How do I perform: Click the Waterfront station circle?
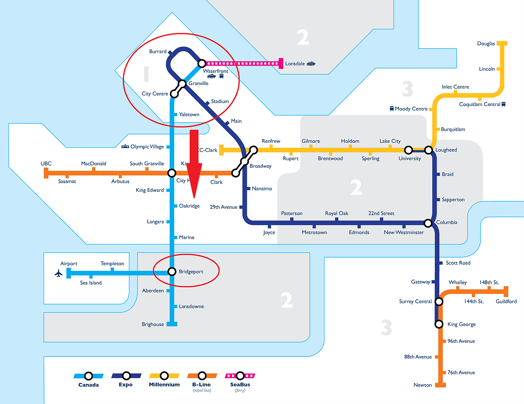202,64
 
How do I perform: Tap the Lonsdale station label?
295,64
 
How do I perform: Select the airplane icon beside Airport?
58,274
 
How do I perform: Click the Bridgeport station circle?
172,272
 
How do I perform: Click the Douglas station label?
486,44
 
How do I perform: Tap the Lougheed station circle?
428,150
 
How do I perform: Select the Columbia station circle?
428,223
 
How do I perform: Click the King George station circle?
439,324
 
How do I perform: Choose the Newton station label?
422,385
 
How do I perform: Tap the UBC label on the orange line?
46,164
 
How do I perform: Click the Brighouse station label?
153,325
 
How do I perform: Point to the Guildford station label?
506,302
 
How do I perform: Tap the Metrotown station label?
314,232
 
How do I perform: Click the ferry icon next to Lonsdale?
310,64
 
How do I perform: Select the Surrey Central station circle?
439,301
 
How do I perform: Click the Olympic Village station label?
147,147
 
